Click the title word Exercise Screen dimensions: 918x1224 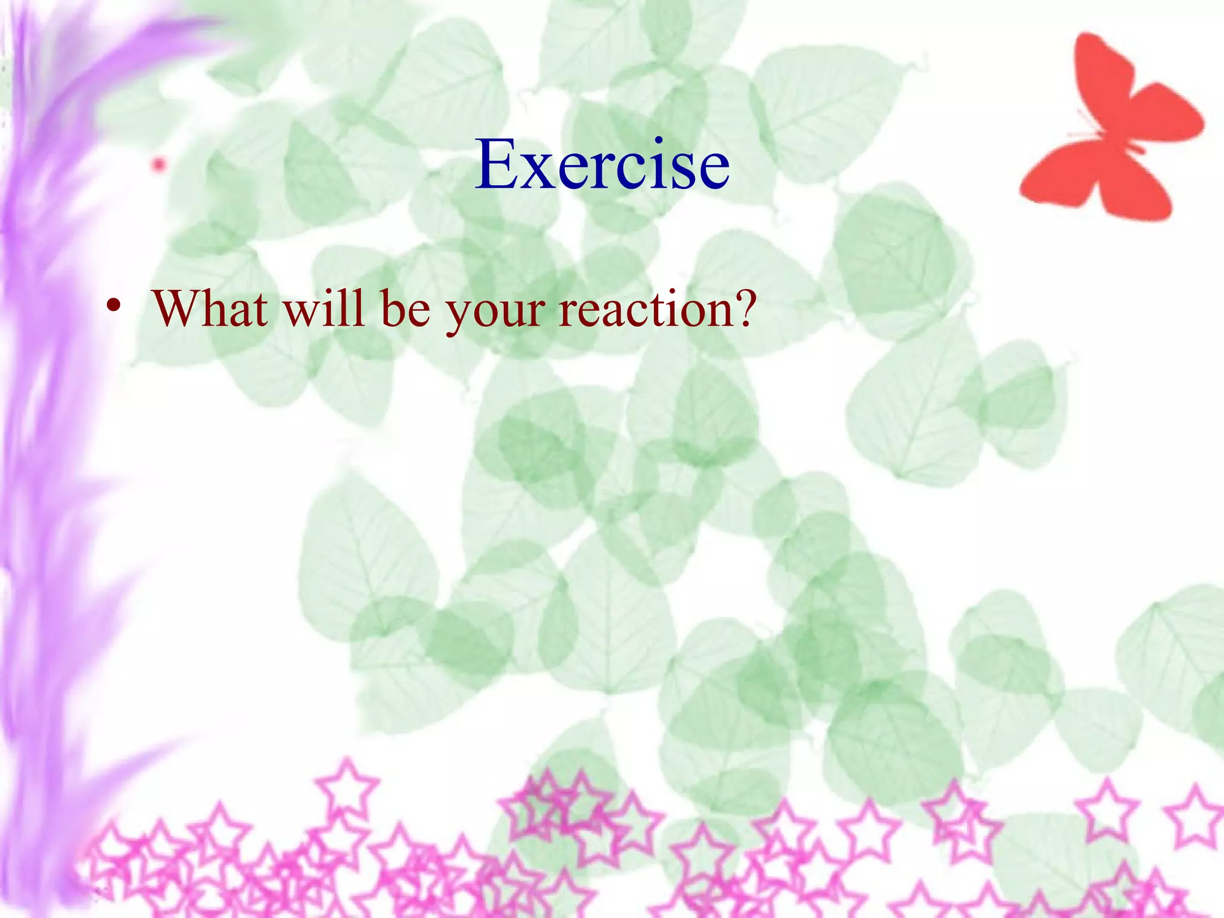click(x=602, y=164)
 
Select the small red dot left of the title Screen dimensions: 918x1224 click(x=159, y=164)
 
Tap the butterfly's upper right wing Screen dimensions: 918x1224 click(x=1165, y=120)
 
